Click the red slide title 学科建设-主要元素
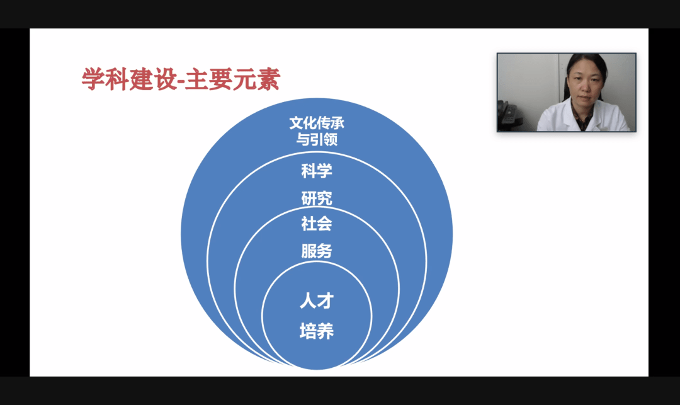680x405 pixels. point(181,79)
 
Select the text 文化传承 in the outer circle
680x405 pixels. point(317,123)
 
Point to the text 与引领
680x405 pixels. point(317,139)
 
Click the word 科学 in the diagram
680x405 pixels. point(317,170)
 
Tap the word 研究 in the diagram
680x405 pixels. point(317,198)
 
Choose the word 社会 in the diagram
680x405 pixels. point(317,223)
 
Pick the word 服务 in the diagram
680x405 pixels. point(317,251)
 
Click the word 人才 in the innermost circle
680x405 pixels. point(316,301)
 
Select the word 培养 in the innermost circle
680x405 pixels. point(316,331)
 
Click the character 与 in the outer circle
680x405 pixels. point(303,139)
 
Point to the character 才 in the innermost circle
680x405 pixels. point(325,301)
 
